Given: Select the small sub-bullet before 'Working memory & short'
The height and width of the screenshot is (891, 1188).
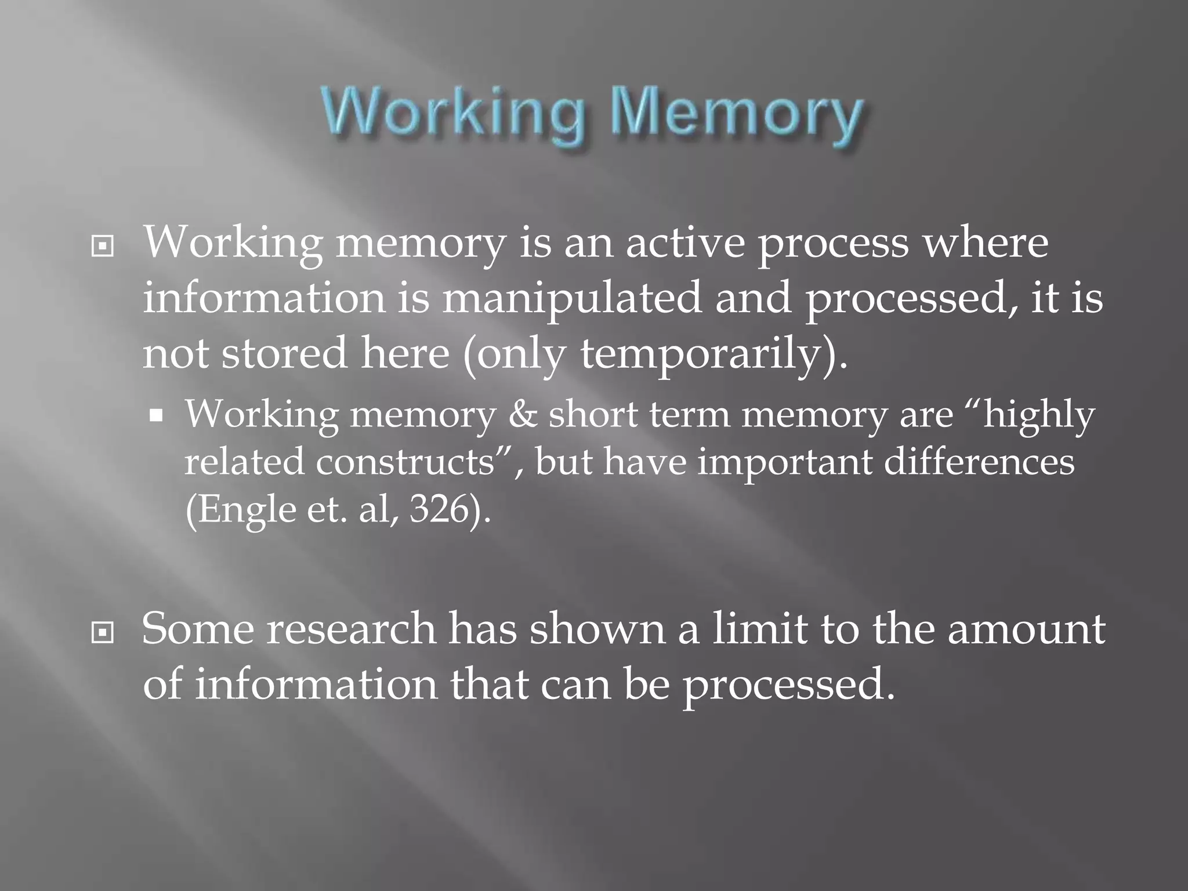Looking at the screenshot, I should [155, 416].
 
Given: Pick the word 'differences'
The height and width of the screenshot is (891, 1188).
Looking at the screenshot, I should [979, 463].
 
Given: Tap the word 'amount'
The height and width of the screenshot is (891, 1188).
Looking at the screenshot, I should [1026, 630].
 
